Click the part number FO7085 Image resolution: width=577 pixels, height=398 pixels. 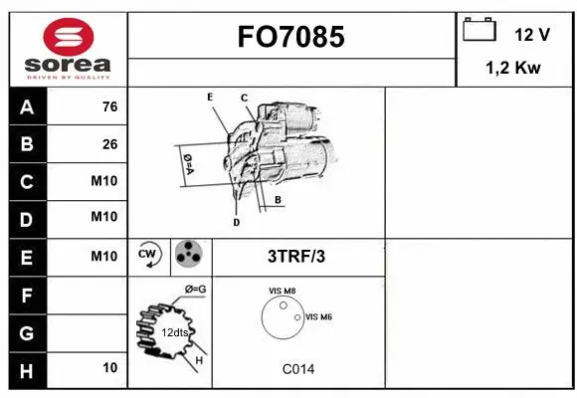(x=291, y=37)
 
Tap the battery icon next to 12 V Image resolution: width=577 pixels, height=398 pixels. (x=480, y=31)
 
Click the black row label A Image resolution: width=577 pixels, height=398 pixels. (x=26, y=107)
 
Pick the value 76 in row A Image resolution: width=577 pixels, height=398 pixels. (x=109, y=107)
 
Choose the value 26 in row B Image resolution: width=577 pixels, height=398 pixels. (x=109, y=144)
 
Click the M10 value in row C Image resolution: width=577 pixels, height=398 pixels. (x=103, y=181)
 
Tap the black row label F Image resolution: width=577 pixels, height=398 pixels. (x=26, y=295)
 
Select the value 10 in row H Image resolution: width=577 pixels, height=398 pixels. (x=109, y=368)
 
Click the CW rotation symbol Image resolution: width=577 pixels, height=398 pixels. (x=149, y=255)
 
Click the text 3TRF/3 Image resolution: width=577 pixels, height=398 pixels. (x=296, y=256)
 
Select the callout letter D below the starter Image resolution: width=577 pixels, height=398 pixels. (x=236, y=223)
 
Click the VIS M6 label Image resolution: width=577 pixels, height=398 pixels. (x=318, y=316)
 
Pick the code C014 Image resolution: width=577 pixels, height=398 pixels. (x=297, y=369)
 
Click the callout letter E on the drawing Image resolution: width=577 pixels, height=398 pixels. (x=210, y=97)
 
